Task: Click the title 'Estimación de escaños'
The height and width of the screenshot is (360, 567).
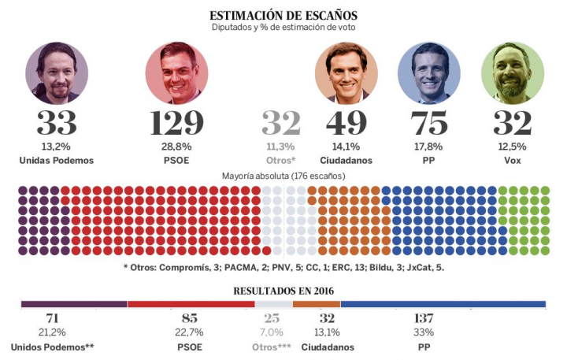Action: (x=283, y=15)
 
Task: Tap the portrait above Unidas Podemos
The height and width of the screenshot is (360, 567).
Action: (x=56, y=73)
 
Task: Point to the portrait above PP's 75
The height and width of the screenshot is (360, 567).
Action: (x=429, y=73)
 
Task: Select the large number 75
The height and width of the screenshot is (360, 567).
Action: (x=429, y=124)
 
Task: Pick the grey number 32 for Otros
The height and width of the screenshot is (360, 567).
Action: (x=282, y=124)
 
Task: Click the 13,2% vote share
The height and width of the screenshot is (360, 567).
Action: (x=56, y=146)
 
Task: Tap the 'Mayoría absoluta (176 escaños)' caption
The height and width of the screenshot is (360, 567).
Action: (x=283, y=176)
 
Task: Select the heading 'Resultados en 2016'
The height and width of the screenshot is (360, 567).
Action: (x=283, y=290)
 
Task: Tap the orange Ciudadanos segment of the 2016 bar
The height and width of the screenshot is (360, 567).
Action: (x=316, y=304)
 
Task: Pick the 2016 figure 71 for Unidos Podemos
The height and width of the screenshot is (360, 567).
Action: (x=53, y=318)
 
